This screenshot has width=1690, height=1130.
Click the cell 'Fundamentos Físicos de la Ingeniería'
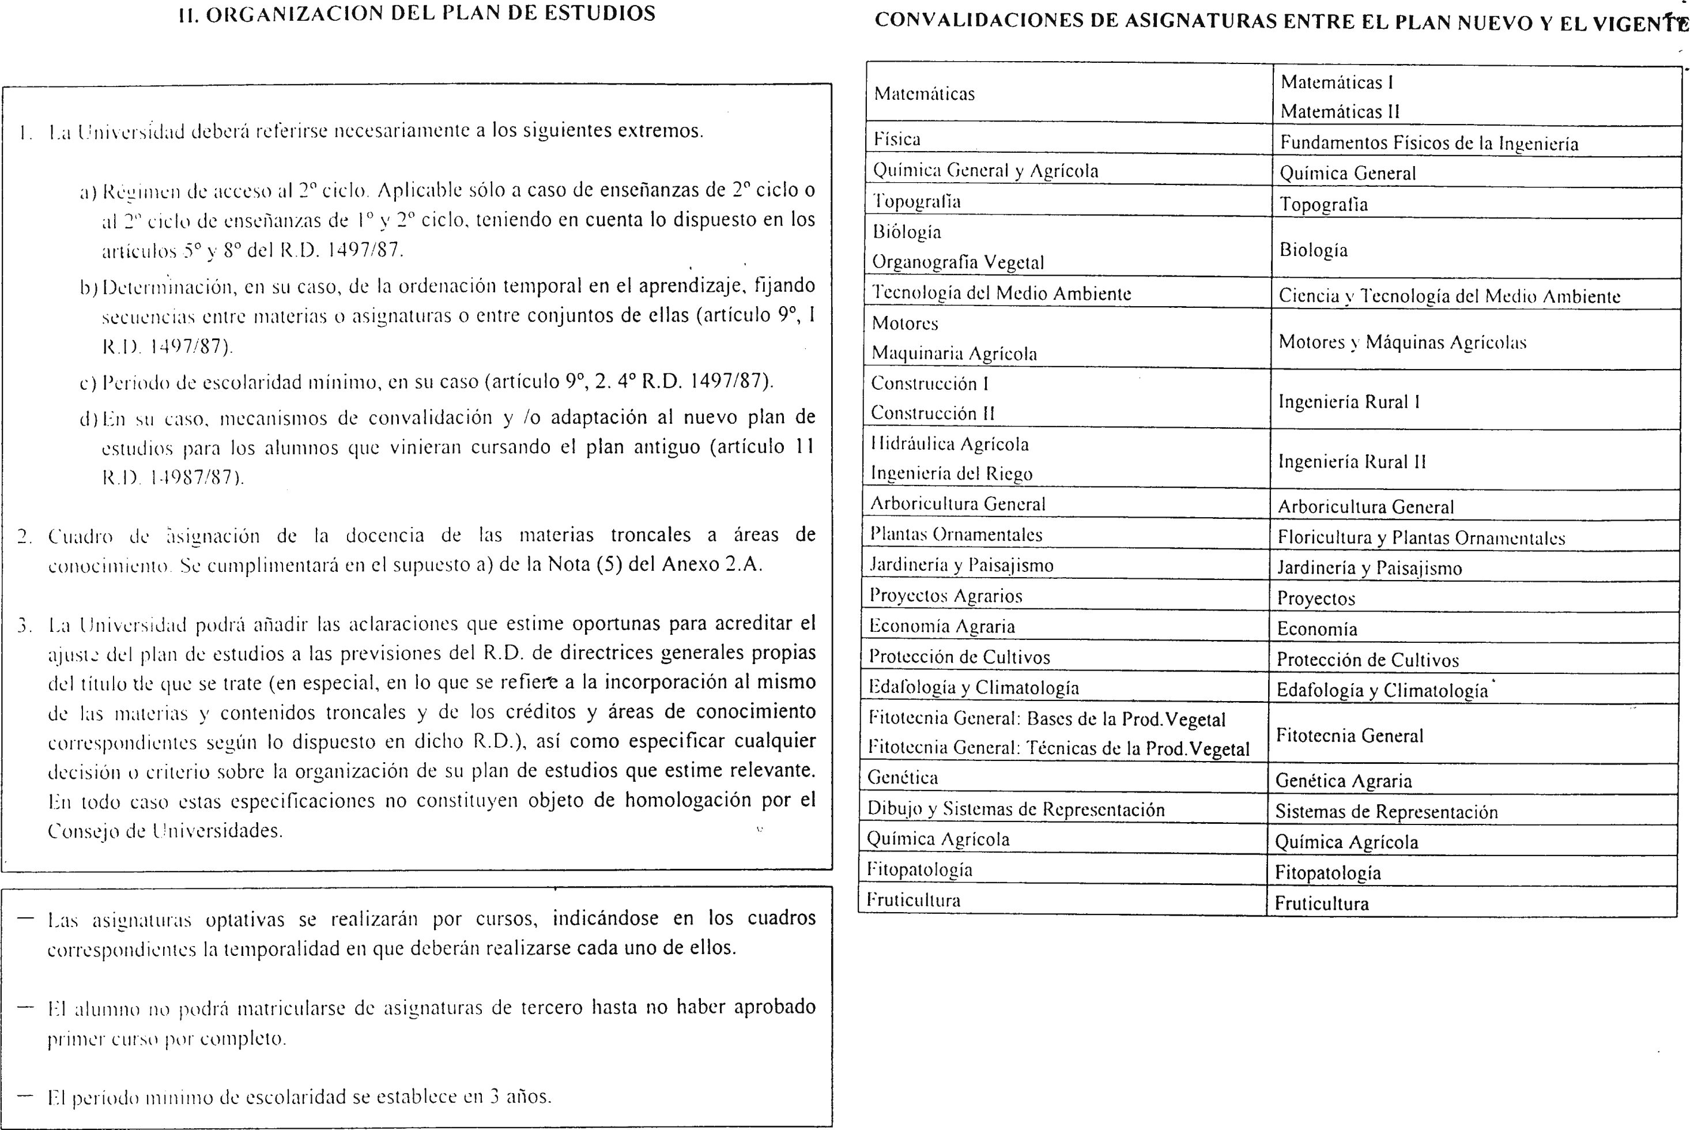click(x=1428, y=143)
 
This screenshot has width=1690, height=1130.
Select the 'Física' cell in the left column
click(x=897, y=139)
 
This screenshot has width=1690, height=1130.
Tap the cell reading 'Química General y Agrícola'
click(x=986, y=171)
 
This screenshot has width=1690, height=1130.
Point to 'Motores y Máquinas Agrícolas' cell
click(x=1402, y=342)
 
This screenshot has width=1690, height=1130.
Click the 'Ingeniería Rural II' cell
click(x=1352, y=462)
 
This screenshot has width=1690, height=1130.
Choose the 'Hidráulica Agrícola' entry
click(x=949, y=444)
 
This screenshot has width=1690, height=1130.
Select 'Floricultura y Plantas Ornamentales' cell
click(x=1421, y=537)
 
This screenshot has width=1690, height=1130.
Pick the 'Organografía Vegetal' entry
click(x=957, y=262)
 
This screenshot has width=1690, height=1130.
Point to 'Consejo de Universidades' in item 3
click(x=165, y=831)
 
